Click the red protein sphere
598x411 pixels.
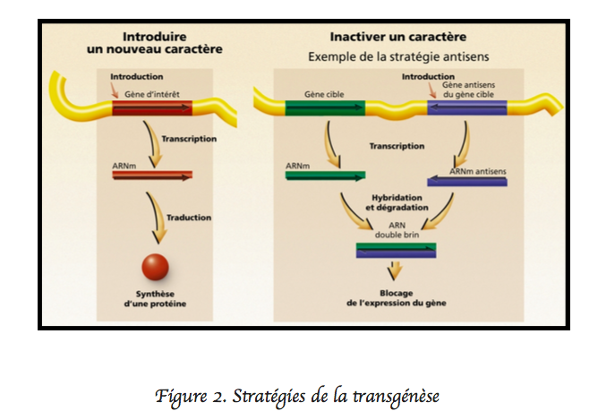point(155,268)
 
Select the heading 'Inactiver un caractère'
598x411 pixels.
point(397,38)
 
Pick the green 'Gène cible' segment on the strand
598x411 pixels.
point(326,109)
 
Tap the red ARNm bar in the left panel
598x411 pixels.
point(151,176)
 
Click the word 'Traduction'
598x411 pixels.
point(188,218)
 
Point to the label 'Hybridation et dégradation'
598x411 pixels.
point(398,202)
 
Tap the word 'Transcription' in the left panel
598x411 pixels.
point(188,139)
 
